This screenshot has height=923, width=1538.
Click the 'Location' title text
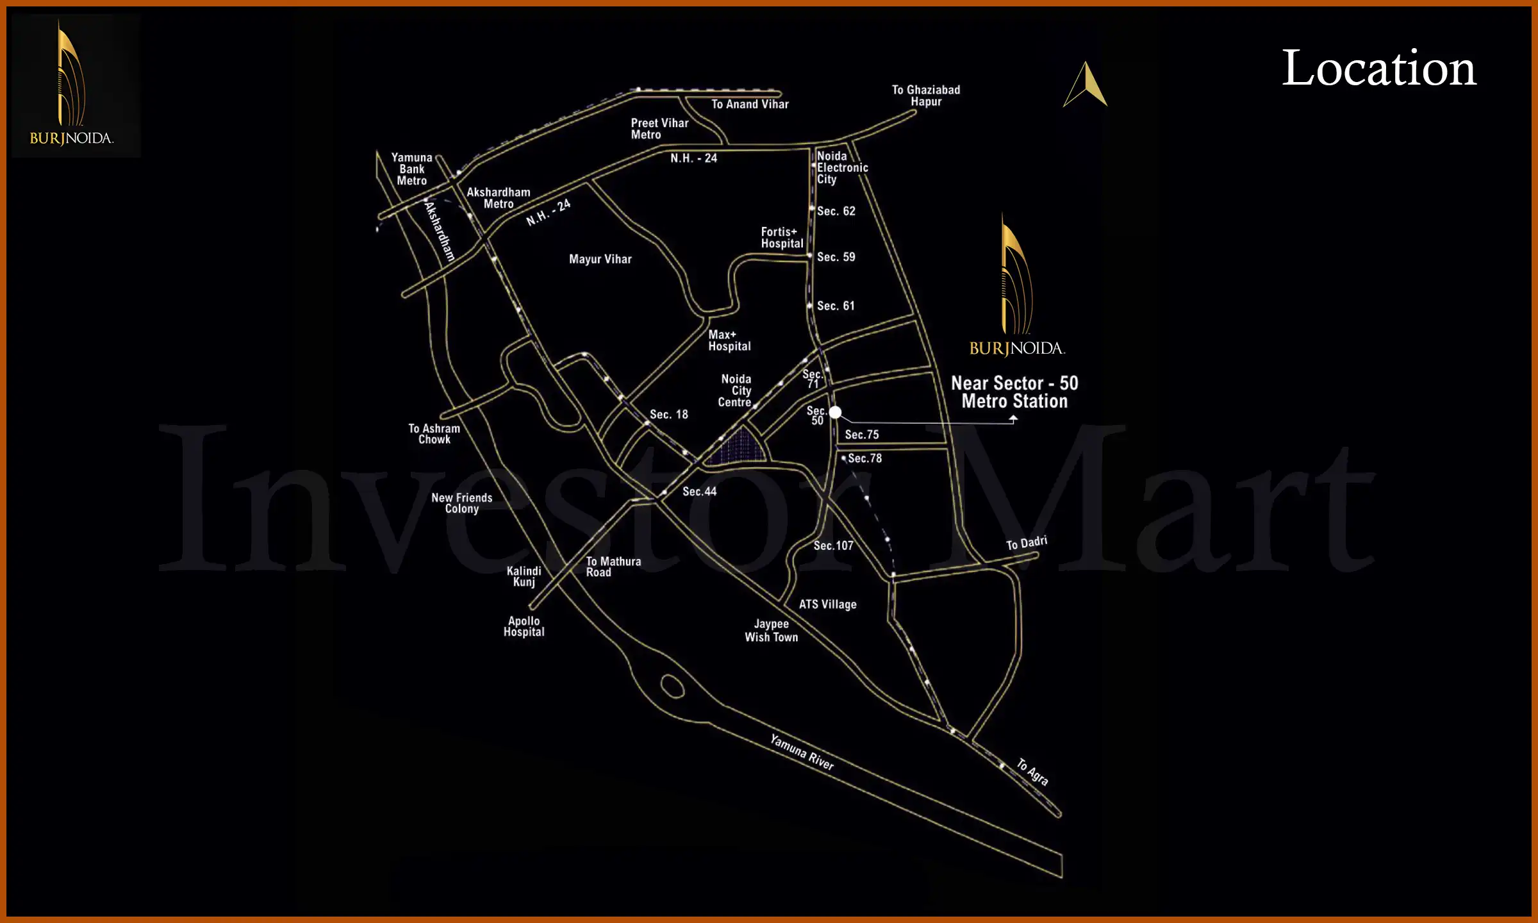[x=1378, y=68]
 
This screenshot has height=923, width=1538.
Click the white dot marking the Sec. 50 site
[x=835, y=413]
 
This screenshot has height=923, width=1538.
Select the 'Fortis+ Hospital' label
[x=782, y=238]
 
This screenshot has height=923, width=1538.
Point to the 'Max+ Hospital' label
[x=729, y=340]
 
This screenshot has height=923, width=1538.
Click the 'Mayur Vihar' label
[x=600, y=260]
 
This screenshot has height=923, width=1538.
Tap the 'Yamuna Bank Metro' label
[x=411, y=169]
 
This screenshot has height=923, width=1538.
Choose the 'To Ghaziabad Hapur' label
[x=925, y=96]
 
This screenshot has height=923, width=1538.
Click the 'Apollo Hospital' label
[x=524, y=626]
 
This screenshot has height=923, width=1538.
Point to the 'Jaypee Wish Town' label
[x=771, y=631]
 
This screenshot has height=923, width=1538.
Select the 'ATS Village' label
[x=827, y=604]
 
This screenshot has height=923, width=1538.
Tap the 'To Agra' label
[x=1032, y=772]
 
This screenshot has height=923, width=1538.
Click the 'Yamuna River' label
[x=802, y=753]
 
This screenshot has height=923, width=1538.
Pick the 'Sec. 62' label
[x=836, y=212]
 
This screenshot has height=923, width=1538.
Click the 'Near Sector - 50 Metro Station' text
[x=1014, y=392]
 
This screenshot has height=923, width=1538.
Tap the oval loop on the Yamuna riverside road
[x=672, y=686]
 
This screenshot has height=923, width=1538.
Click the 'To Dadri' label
[x=1026, y=544]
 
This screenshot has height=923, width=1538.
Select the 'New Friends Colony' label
[x=461, y=503]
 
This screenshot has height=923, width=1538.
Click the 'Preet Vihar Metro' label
[x=659, y=129]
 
